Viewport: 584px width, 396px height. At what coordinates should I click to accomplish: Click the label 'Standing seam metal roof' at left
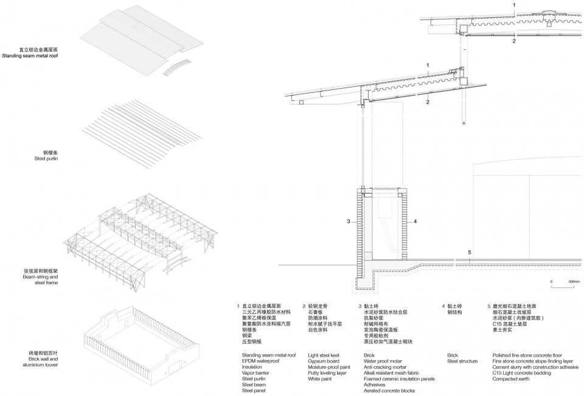(x=42, y=56)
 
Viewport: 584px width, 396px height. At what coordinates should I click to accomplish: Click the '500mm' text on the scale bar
(x=574, y=282)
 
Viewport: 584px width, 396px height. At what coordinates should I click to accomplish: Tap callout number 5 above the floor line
(x=470, y=252)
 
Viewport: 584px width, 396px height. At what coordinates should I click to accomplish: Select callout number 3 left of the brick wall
(x=349, y=222)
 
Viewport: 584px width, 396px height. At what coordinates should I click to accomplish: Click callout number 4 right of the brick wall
(x=415, y=222)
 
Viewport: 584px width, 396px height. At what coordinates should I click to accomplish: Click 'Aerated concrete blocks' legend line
(x=389, y=391)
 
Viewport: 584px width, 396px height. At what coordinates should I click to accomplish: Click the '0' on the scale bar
(x=551, y=282)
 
